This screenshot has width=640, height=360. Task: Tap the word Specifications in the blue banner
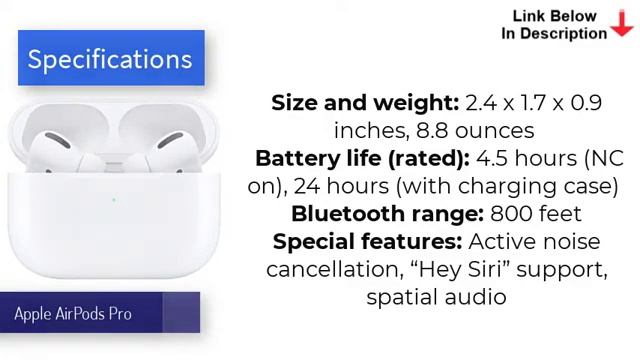tap(110, 59)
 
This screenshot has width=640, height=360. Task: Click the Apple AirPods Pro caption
tap(73, 314)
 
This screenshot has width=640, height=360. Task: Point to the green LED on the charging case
tap(114, 200)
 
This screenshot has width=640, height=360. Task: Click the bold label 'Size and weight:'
tap(365, 103)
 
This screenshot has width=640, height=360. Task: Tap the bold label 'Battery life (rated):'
tap(362, 158)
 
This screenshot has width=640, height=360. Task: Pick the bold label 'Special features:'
tap(367, 241)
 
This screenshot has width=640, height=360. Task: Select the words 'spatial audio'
tap(436, 297)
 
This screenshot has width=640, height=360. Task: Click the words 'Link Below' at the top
tap(555, 15)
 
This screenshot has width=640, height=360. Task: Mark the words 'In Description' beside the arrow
tap(554, 33)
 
